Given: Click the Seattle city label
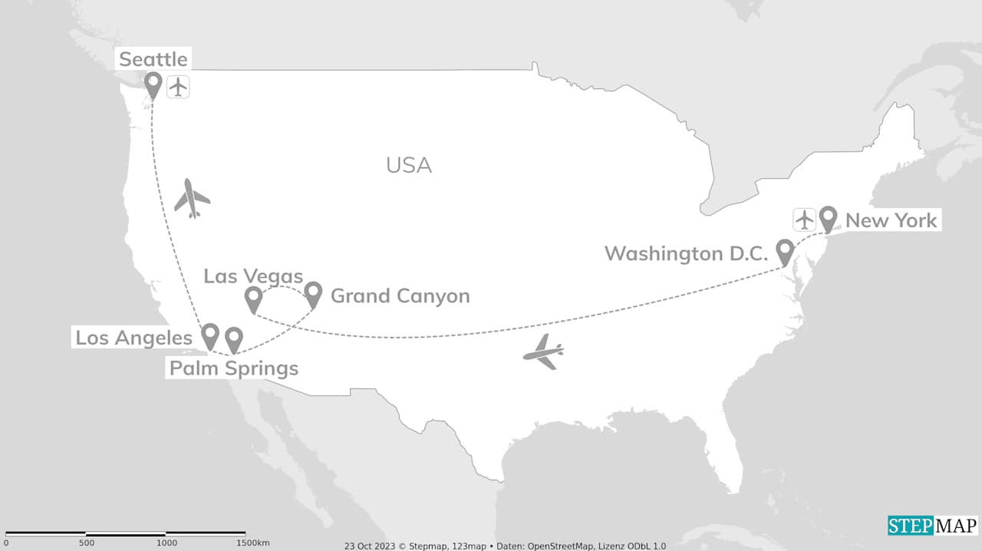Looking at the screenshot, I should (153, 59).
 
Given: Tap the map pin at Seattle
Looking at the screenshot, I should (153, 84).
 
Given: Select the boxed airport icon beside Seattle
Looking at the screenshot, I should (178, 87).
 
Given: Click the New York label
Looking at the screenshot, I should (891, 221).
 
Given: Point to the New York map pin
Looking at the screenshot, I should (828, 218).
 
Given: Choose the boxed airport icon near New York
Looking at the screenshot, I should (804, 219).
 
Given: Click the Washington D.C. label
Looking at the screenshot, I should (687, 253).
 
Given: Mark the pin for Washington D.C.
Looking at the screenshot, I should (785, 250).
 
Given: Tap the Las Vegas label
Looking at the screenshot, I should (253, 276).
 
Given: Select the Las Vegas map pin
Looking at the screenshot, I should (253, 298).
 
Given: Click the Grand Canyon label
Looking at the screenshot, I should (400, 296).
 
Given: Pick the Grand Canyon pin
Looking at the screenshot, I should (313, 292).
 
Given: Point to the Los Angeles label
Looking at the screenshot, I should (133, 338).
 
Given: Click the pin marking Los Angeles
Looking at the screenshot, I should (210, 335).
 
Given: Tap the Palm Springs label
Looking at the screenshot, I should (234, 368).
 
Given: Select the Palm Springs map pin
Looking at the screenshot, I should (233, 338).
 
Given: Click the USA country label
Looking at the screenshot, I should (409, 165).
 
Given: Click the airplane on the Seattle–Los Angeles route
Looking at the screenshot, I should (191, 199).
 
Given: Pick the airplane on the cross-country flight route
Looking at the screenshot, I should (544, 351).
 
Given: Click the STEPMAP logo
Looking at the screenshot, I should (932, 526).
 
